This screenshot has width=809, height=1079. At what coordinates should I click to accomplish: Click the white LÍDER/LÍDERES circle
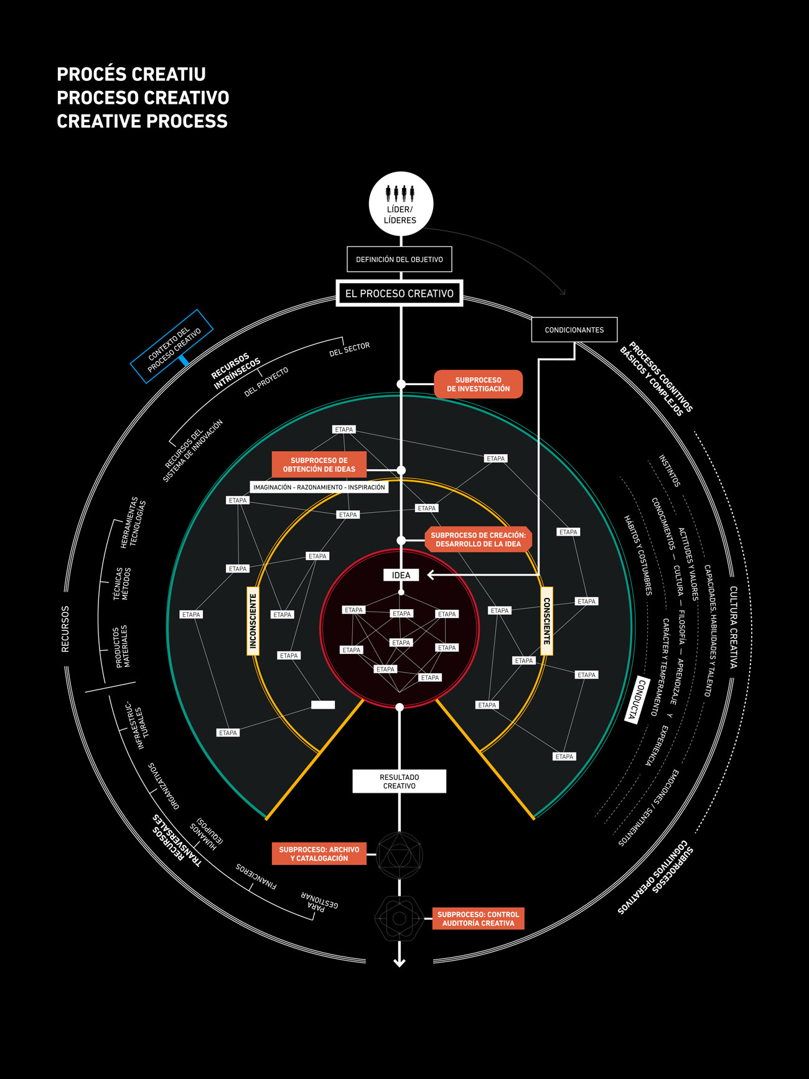(x=401, y=204)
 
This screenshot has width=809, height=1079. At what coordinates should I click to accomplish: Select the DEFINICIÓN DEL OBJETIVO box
(x=400, y=259)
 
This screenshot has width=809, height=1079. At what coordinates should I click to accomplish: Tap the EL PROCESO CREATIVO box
(x=400, y=293)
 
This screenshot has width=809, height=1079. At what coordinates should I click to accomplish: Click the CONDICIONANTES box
(x=574, y=330)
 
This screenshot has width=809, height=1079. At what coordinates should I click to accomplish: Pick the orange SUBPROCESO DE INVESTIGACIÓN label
(x=478, y=385)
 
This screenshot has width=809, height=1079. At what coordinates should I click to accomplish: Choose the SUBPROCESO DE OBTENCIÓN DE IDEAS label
(x=319, y=465)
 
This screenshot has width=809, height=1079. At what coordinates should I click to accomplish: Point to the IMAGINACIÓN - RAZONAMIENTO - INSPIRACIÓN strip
(x=319, y=487)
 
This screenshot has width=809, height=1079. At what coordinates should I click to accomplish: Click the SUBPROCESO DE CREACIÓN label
(x=478, y=539)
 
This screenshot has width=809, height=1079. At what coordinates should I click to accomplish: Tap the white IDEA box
(x=401, y=575)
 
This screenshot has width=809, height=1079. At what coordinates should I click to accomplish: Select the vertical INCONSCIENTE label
(x=253, y=621)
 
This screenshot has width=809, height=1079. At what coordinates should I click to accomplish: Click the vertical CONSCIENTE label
(x=546, y=621)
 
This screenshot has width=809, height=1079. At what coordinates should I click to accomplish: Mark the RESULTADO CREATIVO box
(x=400, y=782)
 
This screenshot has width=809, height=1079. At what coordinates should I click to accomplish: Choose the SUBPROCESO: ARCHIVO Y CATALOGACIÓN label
(x=319, y=854)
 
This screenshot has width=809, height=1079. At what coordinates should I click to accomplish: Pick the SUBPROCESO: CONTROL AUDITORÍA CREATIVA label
(x=478, y=919)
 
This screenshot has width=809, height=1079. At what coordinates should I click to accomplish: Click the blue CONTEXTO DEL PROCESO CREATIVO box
(x=172, y=346)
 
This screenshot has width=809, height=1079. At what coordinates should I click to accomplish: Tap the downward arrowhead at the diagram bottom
(x=400, y=963)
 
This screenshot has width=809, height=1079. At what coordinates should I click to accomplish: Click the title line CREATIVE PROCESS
(x=143, y=121)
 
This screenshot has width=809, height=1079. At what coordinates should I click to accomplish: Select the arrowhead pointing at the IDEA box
(x=431, y=575)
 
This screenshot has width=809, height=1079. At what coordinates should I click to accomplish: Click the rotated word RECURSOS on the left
(x=65, y=629)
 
